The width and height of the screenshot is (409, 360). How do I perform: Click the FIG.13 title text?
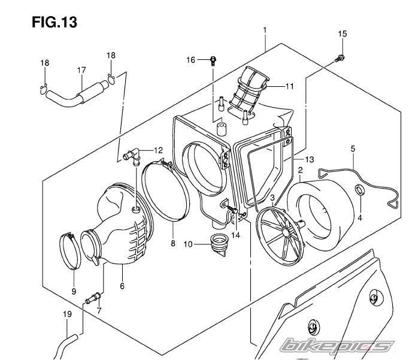pyautogui.click(x=54, y=22)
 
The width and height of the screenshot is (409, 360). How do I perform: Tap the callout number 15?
pyautogui.click(x=343, y=34)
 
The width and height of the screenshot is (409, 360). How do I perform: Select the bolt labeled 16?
pyautogui.click(x=213, y=60)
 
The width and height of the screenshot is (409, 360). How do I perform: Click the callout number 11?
pyautogui.click(x=290, y=86)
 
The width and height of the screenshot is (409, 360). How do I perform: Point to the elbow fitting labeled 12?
pyautogui.click(x=132, y=156)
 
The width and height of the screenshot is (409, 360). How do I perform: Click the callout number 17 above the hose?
pyautogui.click(x=81, y=70)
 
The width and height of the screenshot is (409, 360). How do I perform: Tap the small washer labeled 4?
pyautogui.click(x=360, y=190)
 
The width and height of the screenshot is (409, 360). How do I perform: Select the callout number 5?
pyautogui.click(x=353, y=149)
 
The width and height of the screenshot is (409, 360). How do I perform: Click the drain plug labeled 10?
pyautogui.click(x=219, y=244)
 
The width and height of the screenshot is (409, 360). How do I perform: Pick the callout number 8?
pyautogui.click(x=173, y=243)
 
